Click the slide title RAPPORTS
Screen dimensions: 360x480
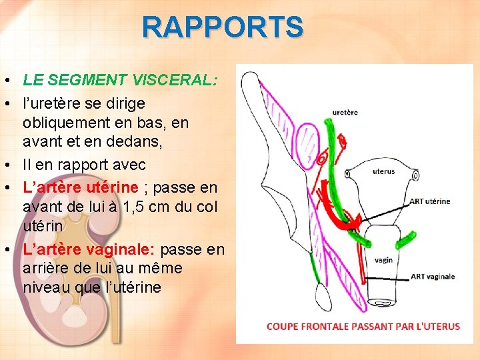tap(223, 27)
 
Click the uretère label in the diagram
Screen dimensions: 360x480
tap(345, 112)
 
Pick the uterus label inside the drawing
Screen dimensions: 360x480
tap(383, 171)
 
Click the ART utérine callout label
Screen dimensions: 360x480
tap(429, 201)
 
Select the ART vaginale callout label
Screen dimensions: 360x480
tap(433, 276)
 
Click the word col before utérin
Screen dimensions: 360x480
tap(206, 207)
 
